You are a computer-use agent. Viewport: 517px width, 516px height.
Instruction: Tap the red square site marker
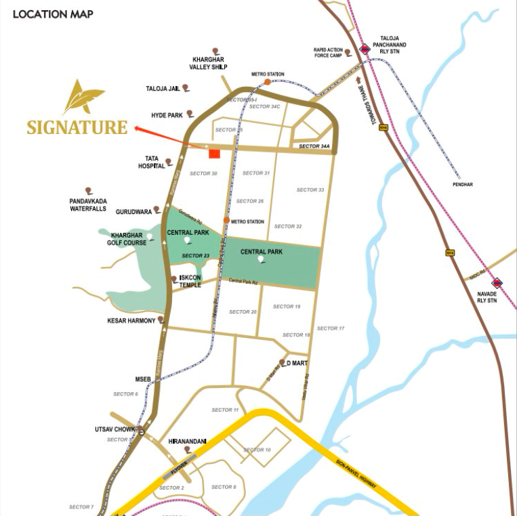[214, 154]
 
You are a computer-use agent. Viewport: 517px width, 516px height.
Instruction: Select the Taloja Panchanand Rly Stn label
[393, 45]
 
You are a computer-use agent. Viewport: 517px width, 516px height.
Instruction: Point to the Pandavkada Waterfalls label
[88, 205]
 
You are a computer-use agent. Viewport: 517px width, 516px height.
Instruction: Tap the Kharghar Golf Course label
[129, 239]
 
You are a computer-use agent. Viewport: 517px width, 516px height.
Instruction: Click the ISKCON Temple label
[190, 282]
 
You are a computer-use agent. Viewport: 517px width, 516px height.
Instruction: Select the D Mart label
[297, 364]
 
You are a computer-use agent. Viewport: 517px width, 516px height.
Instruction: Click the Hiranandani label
[187, 442]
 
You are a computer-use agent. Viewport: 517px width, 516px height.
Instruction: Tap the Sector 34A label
[314, 146]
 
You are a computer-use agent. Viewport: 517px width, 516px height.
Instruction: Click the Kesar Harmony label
[131, 320]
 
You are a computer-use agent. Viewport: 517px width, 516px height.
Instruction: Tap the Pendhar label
[463, 184]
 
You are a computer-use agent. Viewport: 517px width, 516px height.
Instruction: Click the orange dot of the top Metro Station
[268, 82]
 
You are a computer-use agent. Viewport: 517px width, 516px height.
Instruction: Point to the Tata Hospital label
[148, 163]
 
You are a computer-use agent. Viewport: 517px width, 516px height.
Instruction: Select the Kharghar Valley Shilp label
[210, 64]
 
